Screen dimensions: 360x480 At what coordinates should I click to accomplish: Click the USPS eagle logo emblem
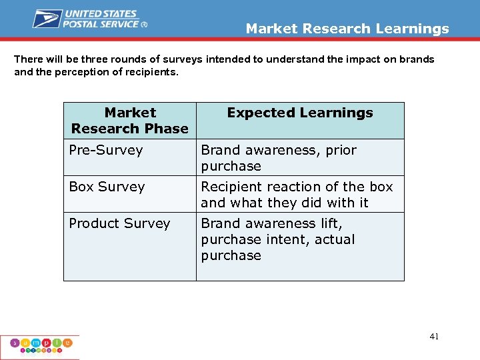click(47, 19)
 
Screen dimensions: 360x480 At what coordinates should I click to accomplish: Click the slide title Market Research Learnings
click(347, 29)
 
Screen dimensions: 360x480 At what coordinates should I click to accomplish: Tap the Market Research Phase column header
click(130, 121)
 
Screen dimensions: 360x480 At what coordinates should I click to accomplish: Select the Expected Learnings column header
click(300, 113)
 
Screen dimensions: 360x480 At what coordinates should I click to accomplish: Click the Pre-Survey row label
click(106, 150)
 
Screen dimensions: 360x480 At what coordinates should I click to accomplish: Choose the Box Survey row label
click(107, 187)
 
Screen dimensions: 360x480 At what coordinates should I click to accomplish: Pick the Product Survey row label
click(119, 223)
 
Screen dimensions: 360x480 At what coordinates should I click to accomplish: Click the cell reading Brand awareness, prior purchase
click(279, 158)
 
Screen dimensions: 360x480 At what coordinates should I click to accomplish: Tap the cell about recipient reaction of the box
click(297, 195)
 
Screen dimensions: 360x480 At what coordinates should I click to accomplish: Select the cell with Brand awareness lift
click(278, 239)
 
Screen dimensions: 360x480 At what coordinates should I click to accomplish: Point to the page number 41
click(434, 337)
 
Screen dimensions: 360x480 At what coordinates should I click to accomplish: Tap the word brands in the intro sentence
click(417, 59)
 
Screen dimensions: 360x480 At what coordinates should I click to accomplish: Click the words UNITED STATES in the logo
click(100, 14)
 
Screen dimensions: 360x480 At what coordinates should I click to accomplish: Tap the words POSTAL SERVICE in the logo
click(100, 23)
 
